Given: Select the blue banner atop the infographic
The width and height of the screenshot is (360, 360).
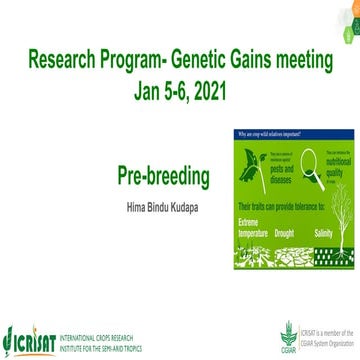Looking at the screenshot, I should coord(290,133).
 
